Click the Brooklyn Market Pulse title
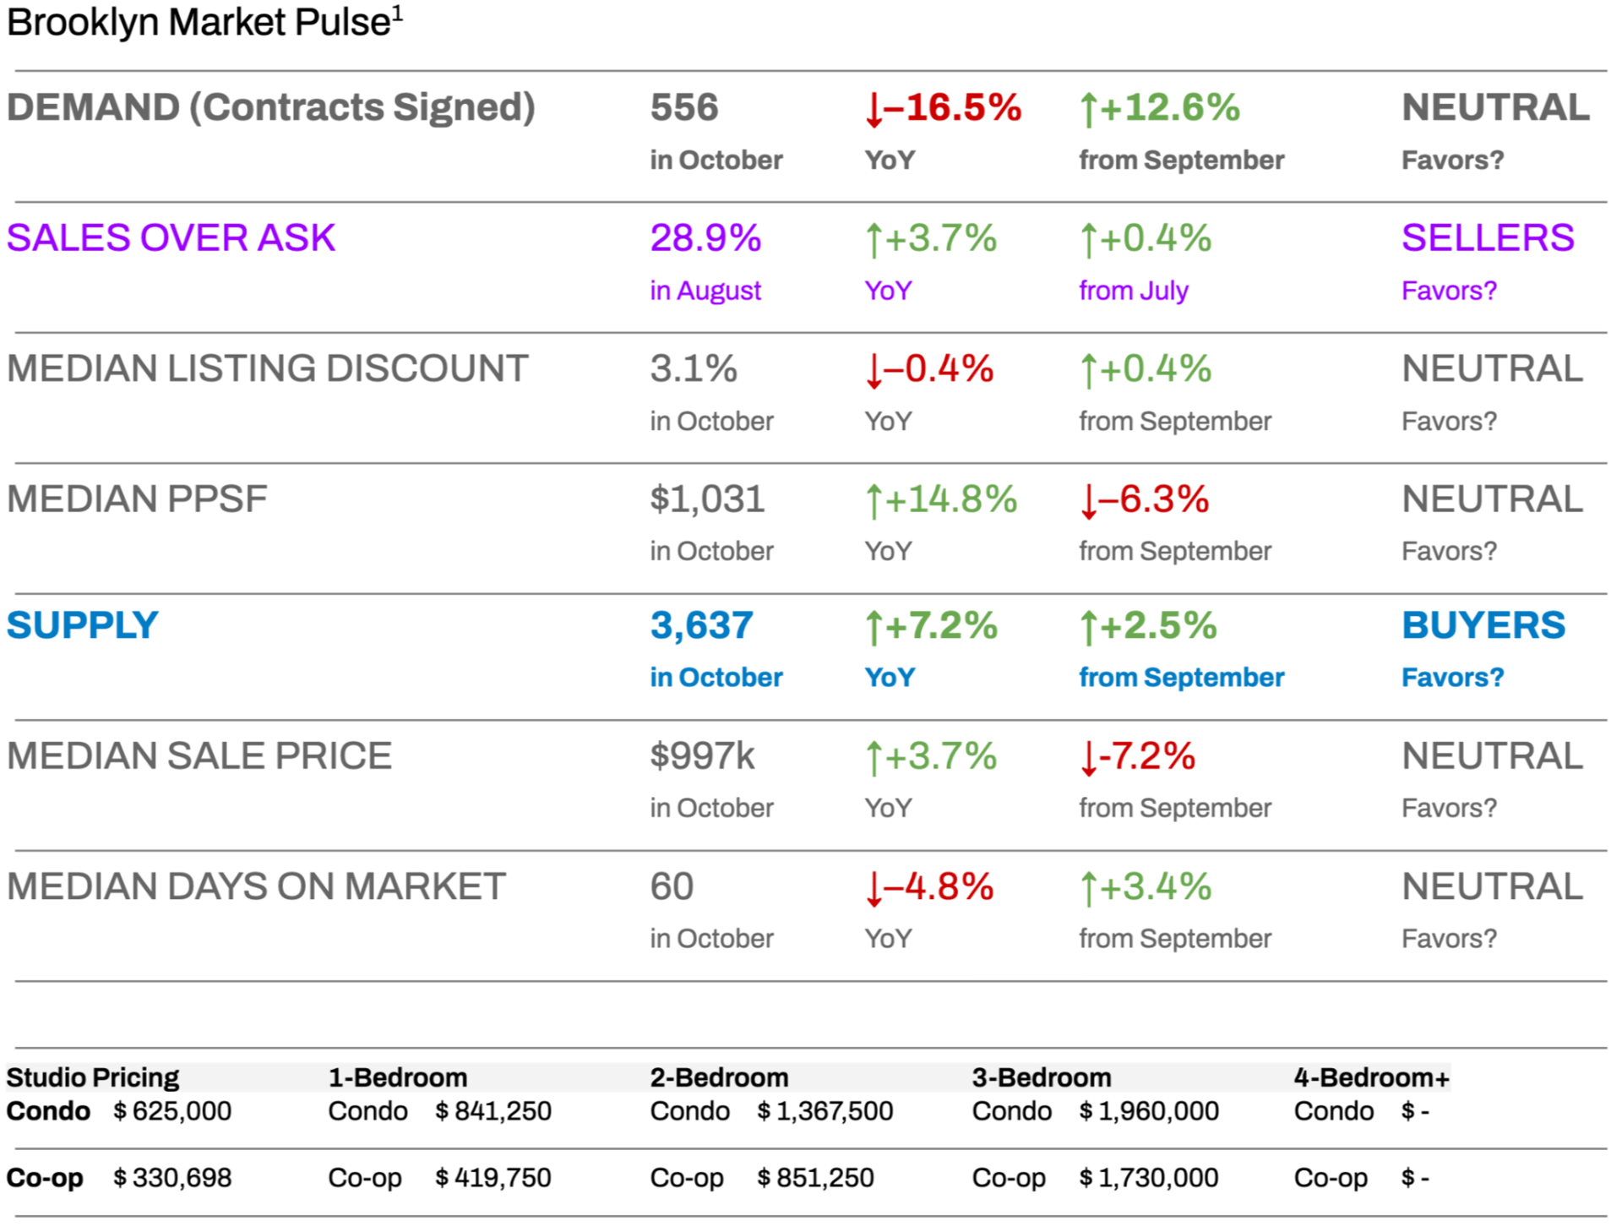[x=203, y=22]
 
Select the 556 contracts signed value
[x=683, y=108]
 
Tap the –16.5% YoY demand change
[x=944, y=108]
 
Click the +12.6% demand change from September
[x=1160, y=108]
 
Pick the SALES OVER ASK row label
[x=171, y=238]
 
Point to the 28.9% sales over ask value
[x=705, y=238]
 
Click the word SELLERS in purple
[x=1487, y=238]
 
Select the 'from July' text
[x=1133, y=291]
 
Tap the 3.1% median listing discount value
[x=693, y=369]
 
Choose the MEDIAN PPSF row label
[x=137, y=499]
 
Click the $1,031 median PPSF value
[x=707, y=499]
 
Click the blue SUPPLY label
[x=83, y=626]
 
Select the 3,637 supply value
[x=701, y=626]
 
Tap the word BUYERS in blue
[x=1483, y=626]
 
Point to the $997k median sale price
[x=702, y=756]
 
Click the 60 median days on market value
[x=672, y=887]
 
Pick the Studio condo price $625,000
[x=172, y=1111]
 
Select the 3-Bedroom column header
[x=1041, y=1077]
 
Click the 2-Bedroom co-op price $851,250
[x=815, y=1178]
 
